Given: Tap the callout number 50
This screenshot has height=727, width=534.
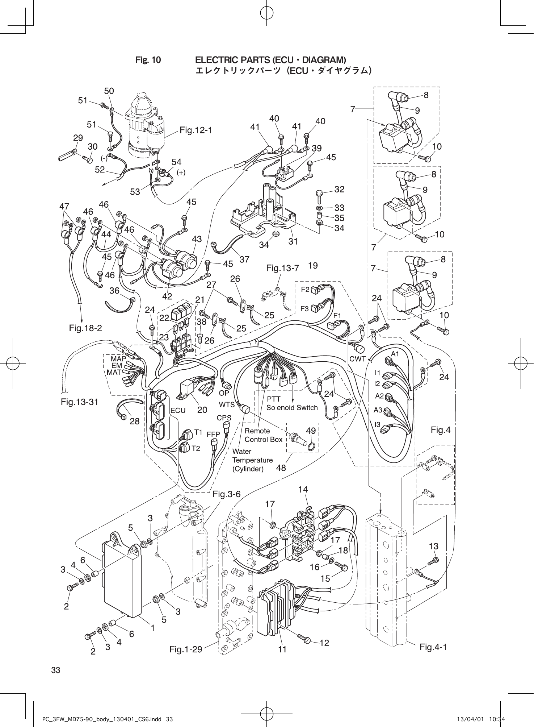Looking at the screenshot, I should click(109, 91).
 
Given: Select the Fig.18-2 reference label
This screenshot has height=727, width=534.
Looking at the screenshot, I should click(85, 328).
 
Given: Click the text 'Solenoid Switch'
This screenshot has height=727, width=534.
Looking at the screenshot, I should click(292, 407).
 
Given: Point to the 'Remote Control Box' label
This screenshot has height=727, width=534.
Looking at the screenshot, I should click(263, 435).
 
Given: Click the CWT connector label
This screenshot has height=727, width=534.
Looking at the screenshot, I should click(358, 359).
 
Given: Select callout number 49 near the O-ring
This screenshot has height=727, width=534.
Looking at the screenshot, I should click(311, 431).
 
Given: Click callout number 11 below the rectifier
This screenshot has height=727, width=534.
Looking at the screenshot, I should click(282, 650).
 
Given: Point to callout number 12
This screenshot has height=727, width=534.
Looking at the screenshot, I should click(324, 643).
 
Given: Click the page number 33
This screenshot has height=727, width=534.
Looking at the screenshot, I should click(56, 670).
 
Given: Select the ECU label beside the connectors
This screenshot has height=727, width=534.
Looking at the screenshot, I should click(178, 410).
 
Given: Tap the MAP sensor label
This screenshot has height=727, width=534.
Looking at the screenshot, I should click(118, 359).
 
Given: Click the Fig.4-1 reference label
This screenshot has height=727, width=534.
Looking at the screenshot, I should click(433, 647).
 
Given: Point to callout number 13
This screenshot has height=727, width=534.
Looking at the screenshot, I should click(433, 546).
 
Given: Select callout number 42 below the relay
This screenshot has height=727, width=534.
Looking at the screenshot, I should click(167, 296).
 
